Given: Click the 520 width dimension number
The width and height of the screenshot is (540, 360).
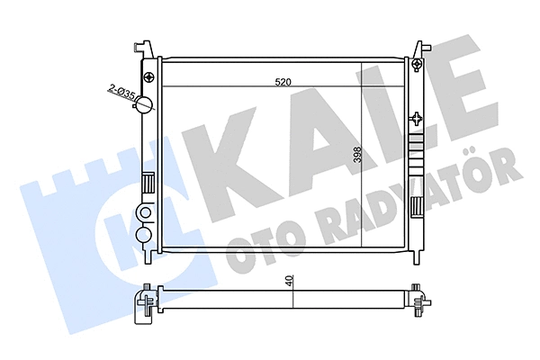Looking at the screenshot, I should pyautogui.click(x=283, y=82).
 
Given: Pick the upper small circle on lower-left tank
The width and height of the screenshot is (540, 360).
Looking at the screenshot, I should pyautogui.click(x=145, y=214).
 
